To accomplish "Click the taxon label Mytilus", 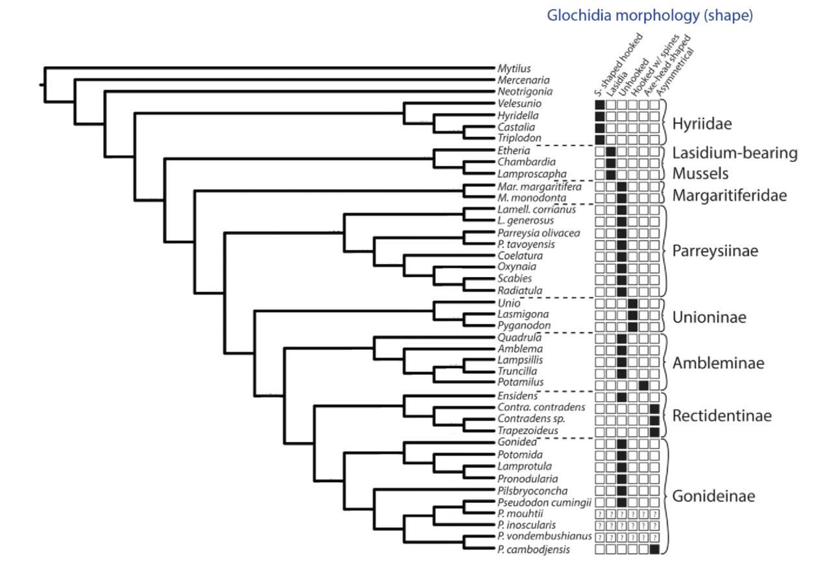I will pos(514,68).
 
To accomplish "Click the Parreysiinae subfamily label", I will pos(715,251).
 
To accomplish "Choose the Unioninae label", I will pos(709,317).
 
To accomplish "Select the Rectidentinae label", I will pos(722,416).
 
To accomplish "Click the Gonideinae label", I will pos(713,497).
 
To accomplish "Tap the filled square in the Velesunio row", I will pos(600,104).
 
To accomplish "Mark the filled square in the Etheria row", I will pos(611,151).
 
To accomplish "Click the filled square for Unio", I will pos(633,304).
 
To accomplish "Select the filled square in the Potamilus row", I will pos(643,385).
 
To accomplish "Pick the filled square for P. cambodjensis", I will pos(654,550).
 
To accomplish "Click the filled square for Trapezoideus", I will pos(654,432).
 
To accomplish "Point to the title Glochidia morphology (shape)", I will pos(650,16).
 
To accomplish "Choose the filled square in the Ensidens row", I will pos(622,397).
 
